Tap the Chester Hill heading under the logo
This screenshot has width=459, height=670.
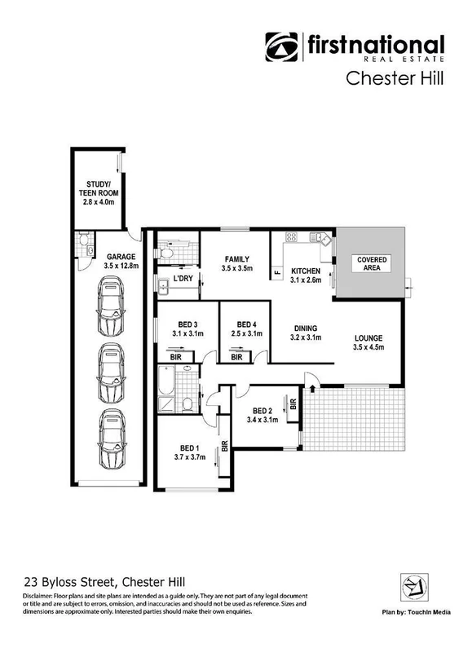(395, 78)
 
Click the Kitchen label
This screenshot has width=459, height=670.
(306, 275)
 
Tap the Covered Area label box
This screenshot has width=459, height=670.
(371, 263)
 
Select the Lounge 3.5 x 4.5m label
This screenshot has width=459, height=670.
(369, 343)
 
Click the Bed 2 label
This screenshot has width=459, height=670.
(263, 415)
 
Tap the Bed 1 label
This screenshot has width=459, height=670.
(190, 452)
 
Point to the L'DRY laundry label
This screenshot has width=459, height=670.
(183, 279)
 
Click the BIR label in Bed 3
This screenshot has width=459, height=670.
(175, 357)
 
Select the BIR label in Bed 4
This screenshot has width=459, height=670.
(236, 357)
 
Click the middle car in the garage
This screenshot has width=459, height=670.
(110, 372)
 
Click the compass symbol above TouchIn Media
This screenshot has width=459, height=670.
(411, 586)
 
